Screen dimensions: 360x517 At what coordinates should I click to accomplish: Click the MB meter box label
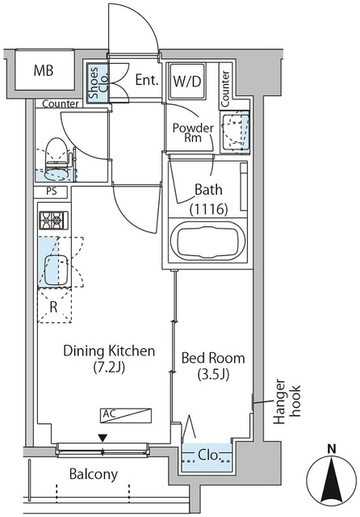tap(44, 70)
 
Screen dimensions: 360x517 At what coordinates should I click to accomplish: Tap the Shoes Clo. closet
tap(98, 82)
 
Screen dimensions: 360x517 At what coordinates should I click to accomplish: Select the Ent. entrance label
tap(147, 80)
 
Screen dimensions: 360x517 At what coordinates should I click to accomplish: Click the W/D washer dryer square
tap(187, 81)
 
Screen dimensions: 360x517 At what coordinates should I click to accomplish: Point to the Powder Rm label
tap(193, 132)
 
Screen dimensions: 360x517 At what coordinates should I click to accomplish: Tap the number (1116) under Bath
tap(209, 209)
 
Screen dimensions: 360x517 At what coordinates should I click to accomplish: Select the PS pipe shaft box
tap(52, 191)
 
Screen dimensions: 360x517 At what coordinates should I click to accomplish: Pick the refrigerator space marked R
tap(54, 306)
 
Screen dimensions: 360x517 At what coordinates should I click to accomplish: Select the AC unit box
tap(126, 416)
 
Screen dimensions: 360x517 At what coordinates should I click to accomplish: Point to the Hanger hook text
tap(287, 401)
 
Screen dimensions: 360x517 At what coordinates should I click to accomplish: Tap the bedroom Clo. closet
tap(207, 457)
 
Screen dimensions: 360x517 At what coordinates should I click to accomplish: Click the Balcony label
tap(93, 474)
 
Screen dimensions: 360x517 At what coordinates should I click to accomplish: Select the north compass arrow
tap(331, 480)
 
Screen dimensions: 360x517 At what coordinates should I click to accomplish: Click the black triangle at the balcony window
tap(103, 438)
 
